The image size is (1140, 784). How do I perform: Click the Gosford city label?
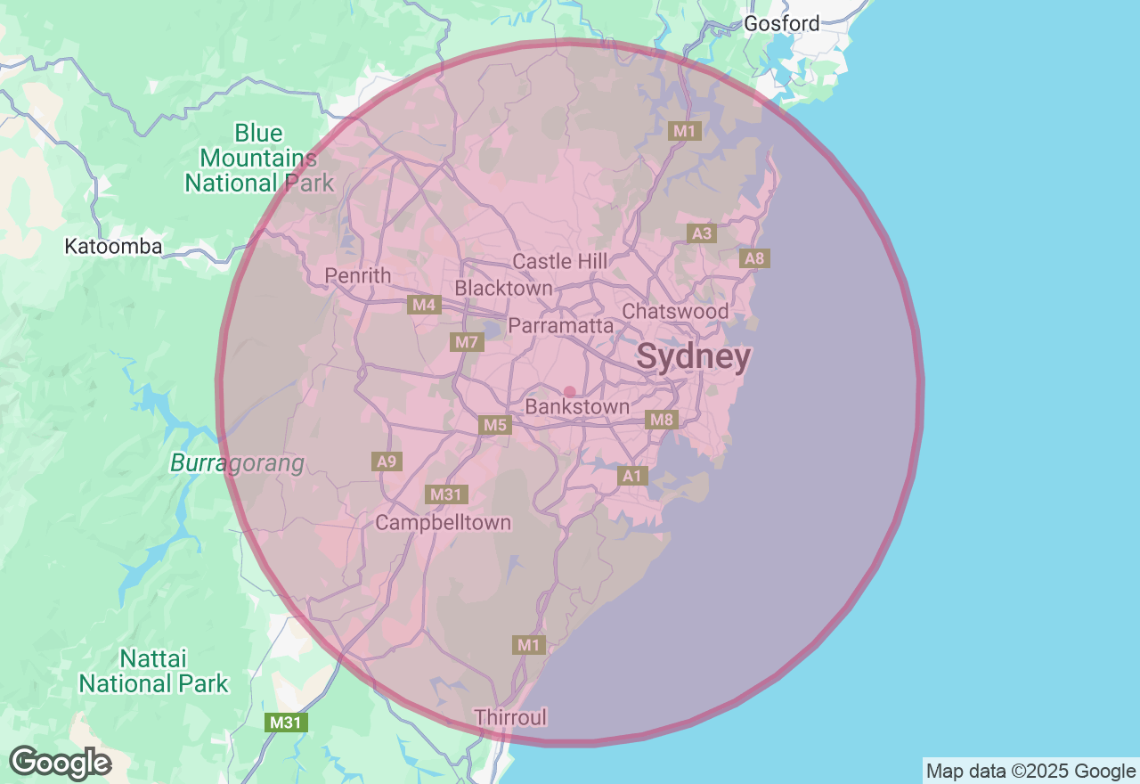(781, 24)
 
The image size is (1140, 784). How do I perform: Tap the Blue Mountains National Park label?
(258, 159)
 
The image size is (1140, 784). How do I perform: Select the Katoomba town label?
(113, 247)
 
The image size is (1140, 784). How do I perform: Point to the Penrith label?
(358, 276)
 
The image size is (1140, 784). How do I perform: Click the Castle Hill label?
(560, 262)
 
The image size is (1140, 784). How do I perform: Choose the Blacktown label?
(503, 289)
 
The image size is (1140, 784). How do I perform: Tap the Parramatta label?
(560, 326)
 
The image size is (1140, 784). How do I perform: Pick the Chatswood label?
(675, 312)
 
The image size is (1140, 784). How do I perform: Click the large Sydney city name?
(694, 357)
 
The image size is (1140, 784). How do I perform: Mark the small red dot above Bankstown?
(570, 392)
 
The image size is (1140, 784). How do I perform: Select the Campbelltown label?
(443, 523)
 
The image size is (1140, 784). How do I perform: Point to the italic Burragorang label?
(237, 463)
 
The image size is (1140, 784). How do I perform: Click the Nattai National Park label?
(153, 672)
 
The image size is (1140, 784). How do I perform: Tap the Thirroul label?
(510, 717)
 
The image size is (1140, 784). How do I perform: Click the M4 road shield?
(424, 306)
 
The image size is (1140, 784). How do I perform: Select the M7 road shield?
(467, 342)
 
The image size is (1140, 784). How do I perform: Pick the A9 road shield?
(387, 461)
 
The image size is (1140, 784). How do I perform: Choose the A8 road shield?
(754, 259)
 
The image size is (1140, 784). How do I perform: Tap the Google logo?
(60, 764)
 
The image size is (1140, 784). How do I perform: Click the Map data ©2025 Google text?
(1030, 772)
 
